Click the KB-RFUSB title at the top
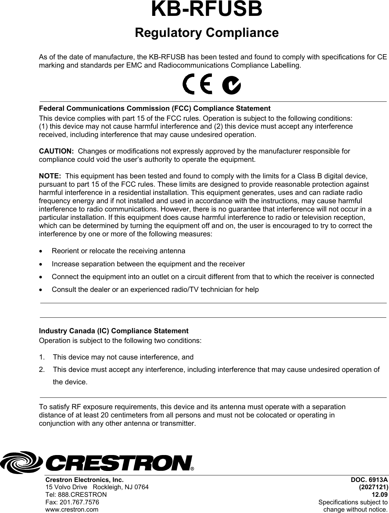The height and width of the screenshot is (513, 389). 206,10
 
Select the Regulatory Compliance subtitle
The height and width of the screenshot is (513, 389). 206,33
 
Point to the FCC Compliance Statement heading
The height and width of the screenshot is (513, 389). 155,109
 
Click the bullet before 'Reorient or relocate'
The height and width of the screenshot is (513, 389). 42,251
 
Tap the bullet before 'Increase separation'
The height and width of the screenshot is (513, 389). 42,264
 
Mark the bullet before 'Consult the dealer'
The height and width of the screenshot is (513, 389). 42,290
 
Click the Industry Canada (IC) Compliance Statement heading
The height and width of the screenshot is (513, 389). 114,331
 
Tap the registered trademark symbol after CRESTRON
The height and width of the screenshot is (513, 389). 192,469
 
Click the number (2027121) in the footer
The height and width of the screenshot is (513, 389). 373,487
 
